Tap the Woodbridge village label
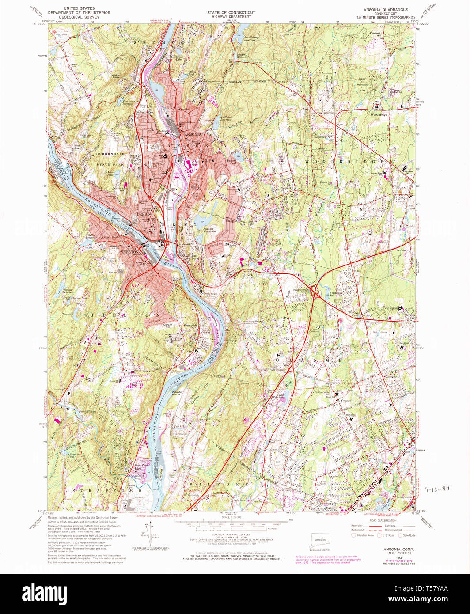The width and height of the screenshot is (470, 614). tap(379, 114)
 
